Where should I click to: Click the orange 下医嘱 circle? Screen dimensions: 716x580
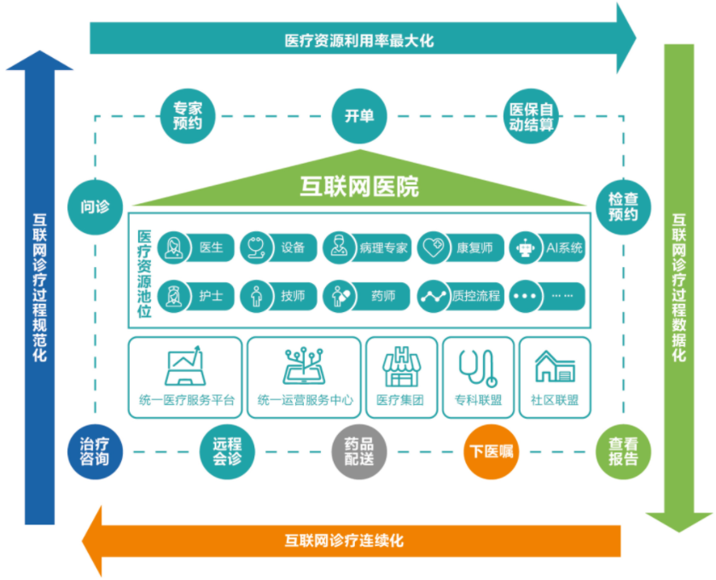[492, 452]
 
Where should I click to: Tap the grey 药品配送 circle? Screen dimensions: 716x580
[359, 452]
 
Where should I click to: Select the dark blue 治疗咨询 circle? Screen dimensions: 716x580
[95, 452]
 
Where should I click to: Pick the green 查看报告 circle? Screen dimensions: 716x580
[623, 452]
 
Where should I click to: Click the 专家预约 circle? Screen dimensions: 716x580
[188, 116]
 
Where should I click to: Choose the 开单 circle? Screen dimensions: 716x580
[359, 116]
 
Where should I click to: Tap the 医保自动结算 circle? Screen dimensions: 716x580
[531, 116]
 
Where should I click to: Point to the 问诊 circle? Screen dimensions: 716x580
[95, 207]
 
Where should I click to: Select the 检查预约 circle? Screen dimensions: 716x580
[623, 207]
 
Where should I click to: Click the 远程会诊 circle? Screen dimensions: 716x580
[227, 452]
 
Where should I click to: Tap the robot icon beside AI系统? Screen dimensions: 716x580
[526, 248]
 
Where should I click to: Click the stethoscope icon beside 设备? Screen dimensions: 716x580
[256, 248]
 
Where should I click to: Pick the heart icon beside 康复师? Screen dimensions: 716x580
[434, 248]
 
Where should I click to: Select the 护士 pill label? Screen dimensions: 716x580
[196, 296]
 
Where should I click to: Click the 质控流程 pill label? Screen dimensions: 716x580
[460, 296]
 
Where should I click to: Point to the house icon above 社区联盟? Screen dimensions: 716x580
[555, 367]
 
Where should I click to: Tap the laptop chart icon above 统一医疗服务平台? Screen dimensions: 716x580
[185, 366]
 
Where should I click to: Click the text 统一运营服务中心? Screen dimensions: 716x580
[305, 400]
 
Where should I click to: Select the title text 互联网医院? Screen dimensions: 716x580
[359, 187]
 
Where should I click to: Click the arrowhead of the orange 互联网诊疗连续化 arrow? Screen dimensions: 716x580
[91, 542]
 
